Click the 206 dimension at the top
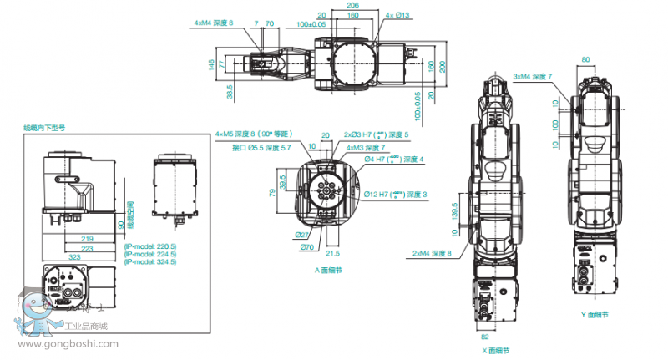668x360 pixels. pyautogui.click(x=352, y=4)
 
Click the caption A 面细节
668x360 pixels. pyautogui.click(x=328, y=270)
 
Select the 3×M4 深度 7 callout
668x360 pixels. pyautogui.click(x=533, y=76)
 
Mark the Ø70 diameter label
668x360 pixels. pyautogui.click(x=306, y=247)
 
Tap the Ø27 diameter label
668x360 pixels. pyautogui.click(x=303, y=235)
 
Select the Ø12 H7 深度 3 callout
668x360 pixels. pyautogui.click(x=395, y=194)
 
